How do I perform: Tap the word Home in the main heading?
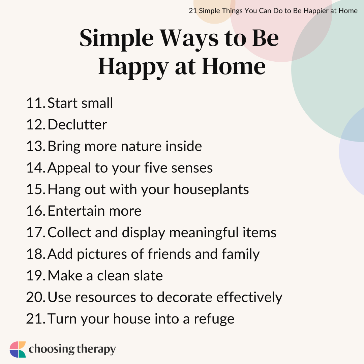click(234, 66)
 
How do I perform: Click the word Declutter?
click(77, 124)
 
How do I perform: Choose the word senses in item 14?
click(192, 168)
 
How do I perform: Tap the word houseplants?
click(211, 189)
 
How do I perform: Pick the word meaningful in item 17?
click(204, 233)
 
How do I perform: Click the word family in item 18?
click(241, 254)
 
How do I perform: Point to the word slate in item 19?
click(150, 276)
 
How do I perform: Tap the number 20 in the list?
click(36, 297)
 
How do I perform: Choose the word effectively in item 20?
click(249, 297)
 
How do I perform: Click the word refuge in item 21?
click(214, 319)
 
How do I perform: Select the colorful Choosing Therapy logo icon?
click(18, 350)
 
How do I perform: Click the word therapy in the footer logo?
click(96, 350)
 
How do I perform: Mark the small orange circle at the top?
click(214, 9)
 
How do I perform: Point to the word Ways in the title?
click(189, 39)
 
